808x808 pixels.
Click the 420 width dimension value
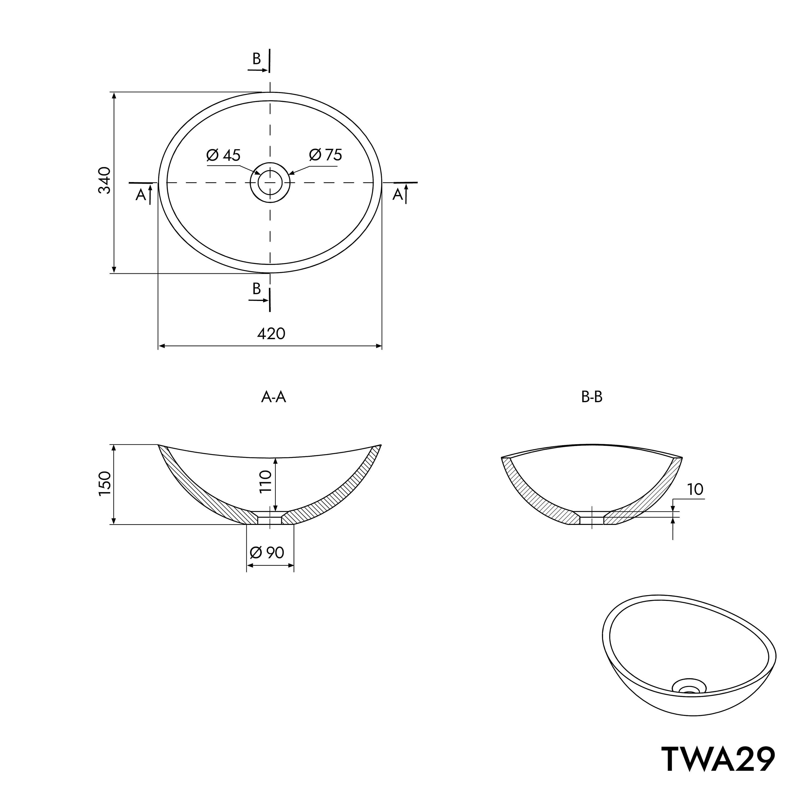click(271, 334)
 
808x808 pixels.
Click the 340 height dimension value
click(105, 180)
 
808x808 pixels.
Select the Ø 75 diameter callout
click(325, 155)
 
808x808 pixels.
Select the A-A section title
click(274, 397)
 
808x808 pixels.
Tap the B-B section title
click(592, 397)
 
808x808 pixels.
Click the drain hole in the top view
click(270, 182)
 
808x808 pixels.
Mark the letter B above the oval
click(256, 59)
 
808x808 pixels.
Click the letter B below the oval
click(256, 288)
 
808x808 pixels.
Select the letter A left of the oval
click(141, 195)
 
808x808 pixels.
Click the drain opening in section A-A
click(270, 518)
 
